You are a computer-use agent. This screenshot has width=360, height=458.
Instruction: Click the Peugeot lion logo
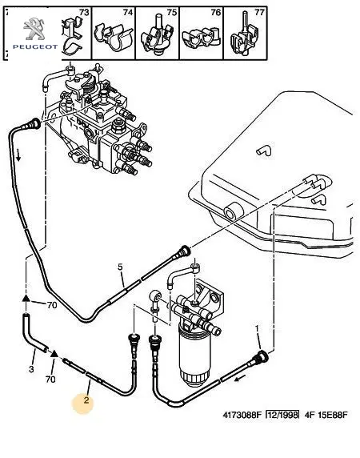[x=34, y=29]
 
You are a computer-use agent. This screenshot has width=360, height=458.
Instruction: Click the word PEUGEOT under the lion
[x=35, y=46]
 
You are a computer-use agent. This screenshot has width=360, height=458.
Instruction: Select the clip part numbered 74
[x=113, y=38]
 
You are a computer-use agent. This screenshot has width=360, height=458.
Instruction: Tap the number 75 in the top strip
[x=171, y=12]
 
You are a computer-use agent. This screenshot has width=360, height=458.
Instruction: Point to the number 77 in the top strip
[x=259, y=12]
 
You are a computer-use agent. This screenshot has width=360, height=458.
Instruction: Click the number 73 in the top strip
[x=84, y=12]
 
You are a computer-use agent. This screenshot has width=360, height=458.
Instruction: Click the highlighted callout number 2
[x=86, y=400]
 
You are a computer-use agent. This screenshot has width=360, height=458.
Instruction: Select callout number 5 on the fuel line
[x=120, y=267]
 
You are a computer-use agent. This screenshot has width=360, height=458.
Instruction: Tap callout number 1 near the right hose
[x=257, y=329]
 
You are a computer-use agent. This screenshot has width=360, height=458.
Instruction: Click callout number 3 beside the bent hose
[x=31, y=369]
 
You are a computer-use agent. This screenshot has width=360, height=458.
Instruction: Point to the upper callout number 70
[x=52, y=305]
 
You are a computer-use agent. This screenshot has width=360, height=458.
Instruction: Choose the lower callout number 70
[x=50, y=380]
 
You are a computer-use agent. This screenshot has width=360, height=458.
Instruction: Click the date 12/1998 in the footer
[x=282, y=415]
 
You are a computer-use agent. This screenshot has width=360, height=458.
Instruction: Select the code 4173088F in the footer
[x=241, y=415]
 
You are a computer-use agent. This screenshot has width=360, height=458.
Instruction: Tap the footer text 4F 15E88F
[x=326, y=415]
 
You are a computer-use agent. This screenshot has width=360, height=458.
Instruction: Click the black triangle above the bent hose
[x=26, y=298]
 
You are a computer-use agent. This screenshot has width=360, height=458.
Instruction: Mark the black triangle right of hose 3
[x=54, y=353]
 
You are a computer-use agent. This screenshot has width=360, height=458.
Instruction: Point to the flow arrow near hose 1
[x=240, y=379]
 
